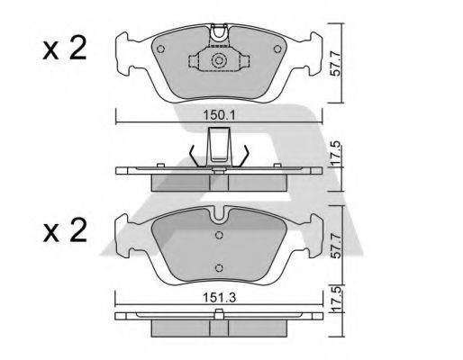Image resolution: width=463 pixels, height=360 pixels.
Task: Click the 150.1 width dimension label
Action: [220, 114]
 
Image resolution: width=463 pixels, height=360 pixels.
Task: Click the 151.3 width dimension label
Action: [220, 298]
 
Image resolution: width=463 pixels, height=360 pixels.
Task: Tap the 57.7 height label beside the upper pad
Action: [335, 64]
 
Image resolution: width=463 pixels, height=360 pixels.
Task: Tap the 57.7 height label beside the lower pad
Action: [335, 246]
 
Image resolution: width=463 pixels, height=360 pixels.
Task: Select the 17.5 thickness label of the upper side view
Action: [336, 153]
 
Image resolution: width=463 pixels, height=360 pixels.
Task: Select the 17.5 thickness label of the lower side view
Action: [336, 299]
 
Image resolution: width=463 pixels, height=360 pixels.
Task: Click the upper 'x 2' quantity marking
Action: [65, 48]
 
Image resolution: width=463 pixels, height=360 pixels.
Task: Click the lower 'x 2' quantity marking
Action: [65, 230]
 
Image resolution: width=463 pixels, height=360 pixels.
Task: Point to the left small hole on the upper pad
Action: [161, 49]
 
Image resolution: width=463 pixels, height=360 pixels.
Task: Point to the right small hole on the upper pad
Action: [277, 49]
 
